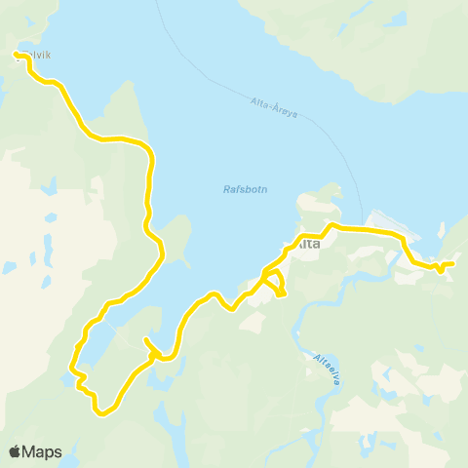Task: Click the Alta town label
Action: [306, 244]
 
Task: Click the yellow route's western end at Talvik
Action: [17, 56]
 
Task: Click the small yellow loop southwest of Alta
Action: [276, 284]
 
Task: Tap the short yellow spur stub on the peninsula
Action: [146, 343]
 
